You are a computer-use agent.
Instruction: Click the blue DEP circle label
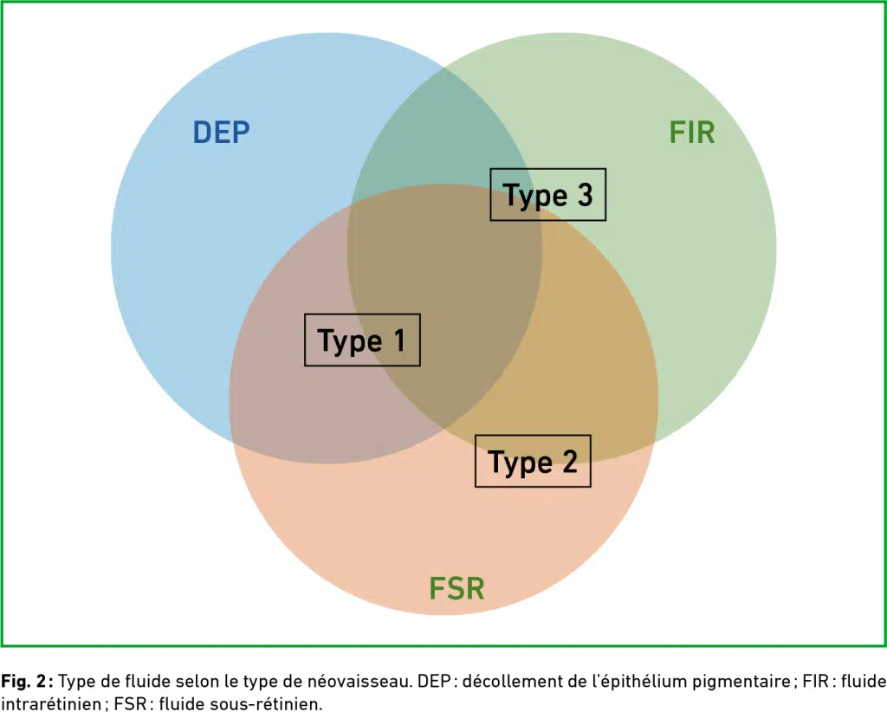221,133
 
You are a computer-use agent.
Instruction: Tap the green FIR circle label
692,133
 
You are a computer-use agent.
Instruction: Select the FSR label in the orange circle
457,588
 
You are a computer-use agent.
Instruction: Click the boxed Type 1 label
362,340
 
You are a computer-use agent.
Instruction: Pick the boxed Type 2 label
533,461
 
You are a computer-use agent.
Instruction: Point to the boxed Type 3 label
547,195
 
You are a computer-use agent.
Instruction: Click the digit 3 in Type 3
585,195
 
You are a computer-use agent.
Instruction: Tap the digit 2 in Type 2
570,461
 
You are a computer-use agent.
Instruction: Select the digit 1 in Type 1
400,340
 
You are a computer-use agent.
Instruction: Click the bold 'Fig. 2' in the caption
23,682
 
